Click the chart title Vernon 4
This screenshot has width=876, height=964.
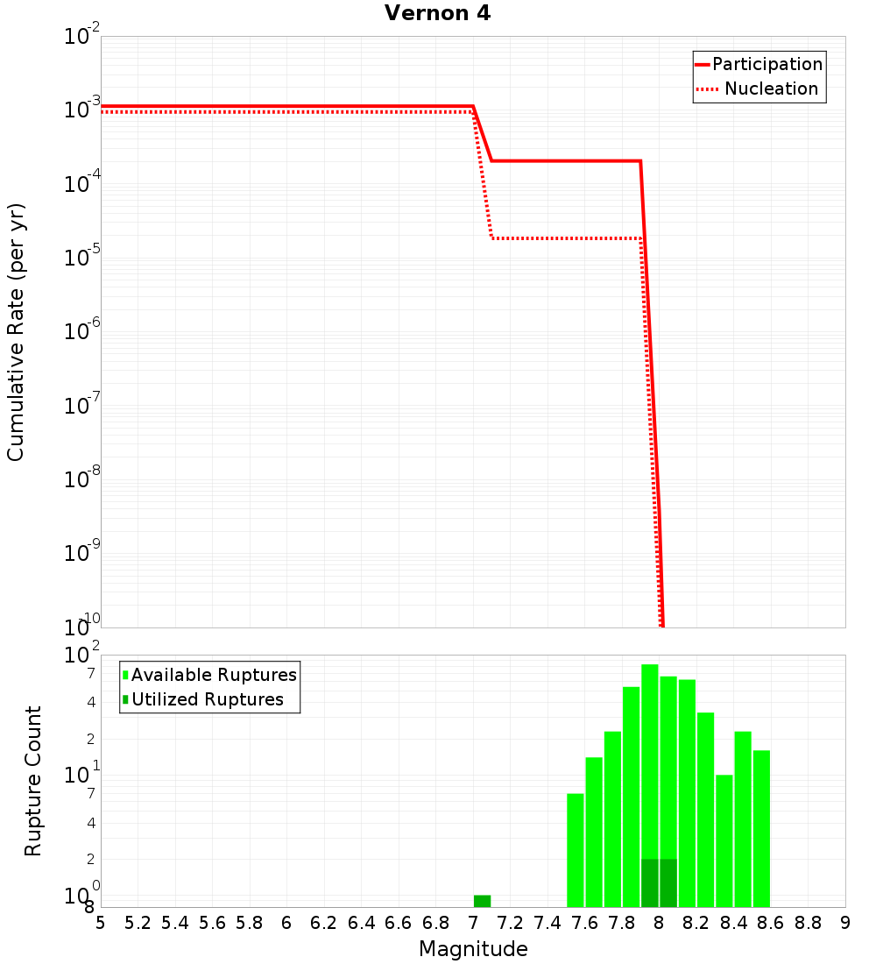(438, 13)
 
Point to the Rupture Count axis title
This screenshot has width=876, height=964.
(33, 781)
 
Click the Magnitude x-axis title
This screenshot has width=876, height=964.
(473, 949)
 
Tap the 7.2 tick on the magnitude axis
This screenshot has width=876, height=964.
(511, 922)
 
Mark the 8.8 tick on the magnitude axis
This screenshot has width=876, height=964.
(809, 922)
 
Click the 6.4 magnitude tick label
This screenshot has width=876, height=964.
(362, 922)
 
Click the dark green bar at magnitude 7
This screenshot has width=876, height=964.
(482, 901)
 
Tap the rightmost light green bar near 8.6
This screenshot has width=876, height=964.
(761, 828)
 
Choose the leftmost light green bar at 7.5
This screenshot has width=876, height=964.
(576, 850)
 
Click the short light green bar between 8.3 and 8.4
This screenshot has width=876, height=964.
(724, 841)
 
